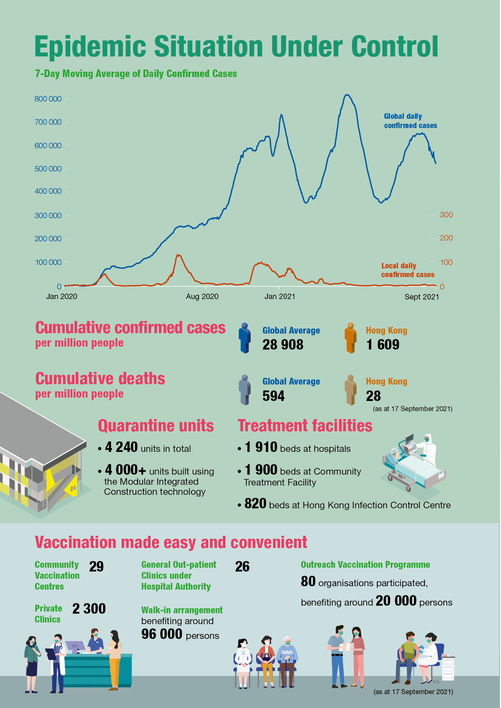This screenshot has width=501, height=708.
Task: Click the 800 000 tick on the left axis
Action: pyautogui.click(x=48, y=99)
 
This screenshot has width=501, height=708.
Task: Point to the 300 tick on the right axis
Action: pyautogui.click(x=446, y=215)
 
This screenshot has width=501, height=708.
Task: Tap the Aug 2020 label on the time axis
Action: pyautogui.click(x=202, y=297)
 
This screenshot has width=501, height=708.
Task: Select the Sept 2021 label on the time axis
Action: pyautogui.click(x=421, y=297)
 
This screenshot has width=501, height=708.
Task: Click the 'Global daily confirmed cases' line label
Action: pyautogui.click(x=410, y=121)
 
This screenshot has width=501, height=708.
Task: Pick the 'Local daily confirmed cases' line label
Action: pyautogui.click(x=408, y=270)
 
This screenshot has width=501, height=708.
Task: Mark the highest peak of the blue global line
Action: pyautogui.click(x=347, y=95)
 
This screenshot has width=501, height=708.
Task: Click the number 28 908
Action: pyautogui.click(x=283, y=345)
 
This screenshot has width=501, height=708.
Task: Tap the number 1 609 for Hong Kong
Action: pyautogui.click(x=382, y=345)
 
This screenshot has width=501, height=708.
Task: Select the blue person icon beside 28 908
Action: pyautogui.click(x=244, y=338)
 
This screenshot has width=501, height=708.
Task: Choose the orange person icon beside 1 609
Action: pyautogui.click(x=350, y=338)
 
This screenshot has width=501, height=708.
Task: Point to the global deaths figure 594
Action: pyautogui.click(x=273, y=396)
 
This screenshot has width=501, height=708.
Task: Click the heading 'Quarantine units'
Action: pyautogui.click(x=156, y=426)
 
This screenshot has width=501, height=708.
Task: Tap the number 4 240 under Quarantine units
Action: pyautogui.click(x=121, y=447)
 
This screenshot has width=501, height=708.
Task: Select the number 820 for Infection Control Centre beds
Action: pyautogui.click(x=255, y=504)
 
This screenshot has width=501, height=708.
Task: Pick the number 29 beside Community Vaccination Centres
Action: pyautogui.click(x=96, y=567)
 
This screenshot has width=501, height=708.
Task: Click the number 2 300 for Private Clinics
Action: pyautogui.click(x=89, y=609)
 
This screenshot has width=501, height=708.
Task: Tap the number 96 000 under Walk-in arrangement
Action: pyautogui.click(x=162, y=634)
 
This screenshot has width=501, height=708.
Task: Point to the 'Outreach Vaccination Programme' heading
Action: pyautogui.click(x=365, y=565)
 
